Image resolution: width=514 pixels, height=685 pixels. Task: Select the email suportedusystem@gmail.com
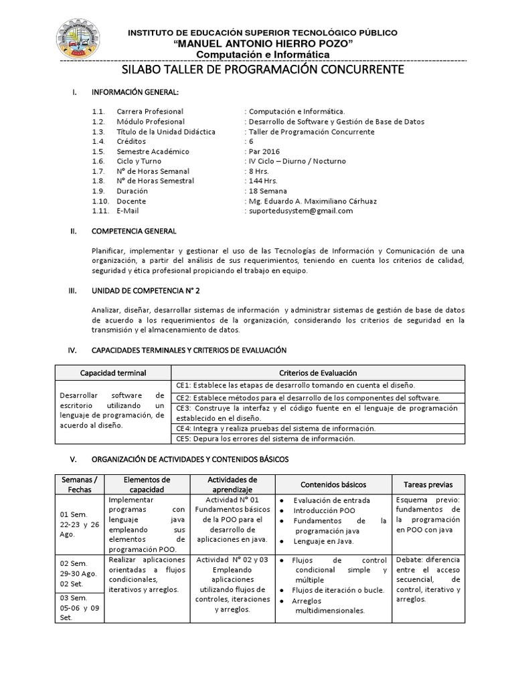pyautogui.click(x=300, y=211)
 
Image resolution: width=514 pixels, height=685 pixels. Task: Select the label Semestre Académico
pyautogui.click(x=153, y=151)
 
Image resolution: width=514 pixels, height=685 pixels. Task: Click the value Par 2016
pyautogui.click(x=262, y=151)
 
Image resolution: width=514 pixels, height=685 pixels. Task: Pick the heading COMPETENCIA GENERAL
pyautogui.click(x=134, y=231)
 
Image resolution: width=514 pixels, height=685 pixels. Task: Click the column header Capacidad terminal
pyautogui.click(x=113, y=373)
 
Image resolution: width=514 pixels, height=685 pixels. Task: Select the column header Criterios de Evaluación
pyautogui.click(x=317, y=373)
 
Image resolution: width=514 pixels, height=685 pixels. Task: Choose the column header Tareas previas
pyautogui.click(x=428, y=484)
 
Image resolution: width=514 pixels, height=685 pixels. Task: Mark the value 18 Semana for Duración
pyautogui.click(x=269, y=191)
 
